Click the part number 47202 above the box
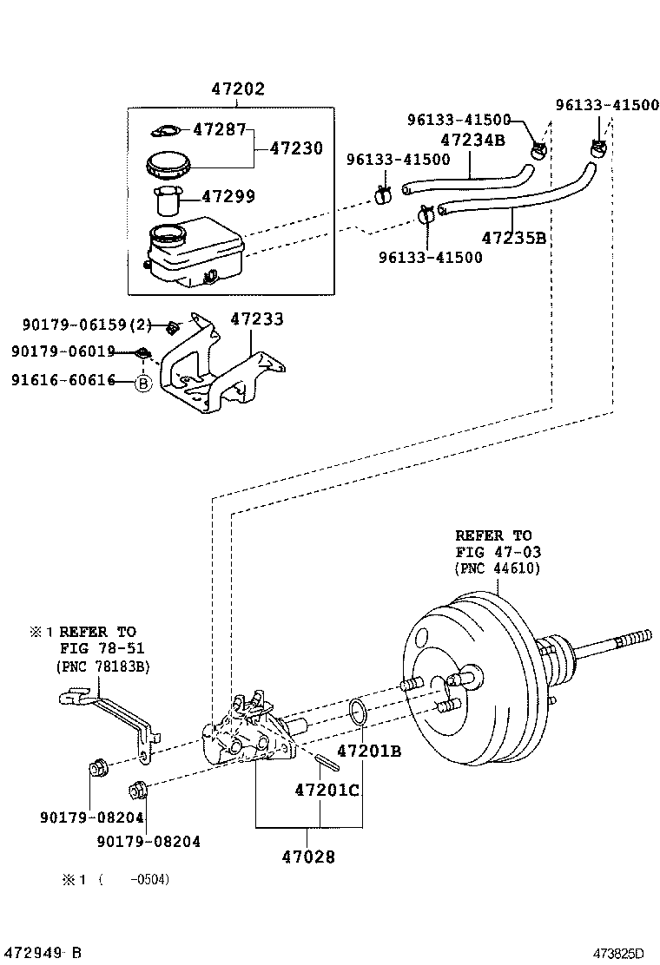238,89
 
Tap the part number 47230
295,148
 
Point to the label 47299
228,197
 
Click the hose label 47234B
472,140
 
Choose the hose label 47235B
513,237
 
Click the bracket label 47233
256,319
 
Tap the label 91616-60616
63,380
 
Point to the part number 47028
308,857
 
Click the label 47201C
327,791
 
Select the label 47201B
369,751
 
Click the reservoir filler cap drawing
168,164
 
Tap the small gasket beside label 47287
165,131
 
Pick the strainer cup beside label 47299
167,200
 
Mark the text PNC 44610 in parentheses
497,568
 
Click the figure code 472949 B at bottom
41,953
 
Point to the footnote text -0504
149,880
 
